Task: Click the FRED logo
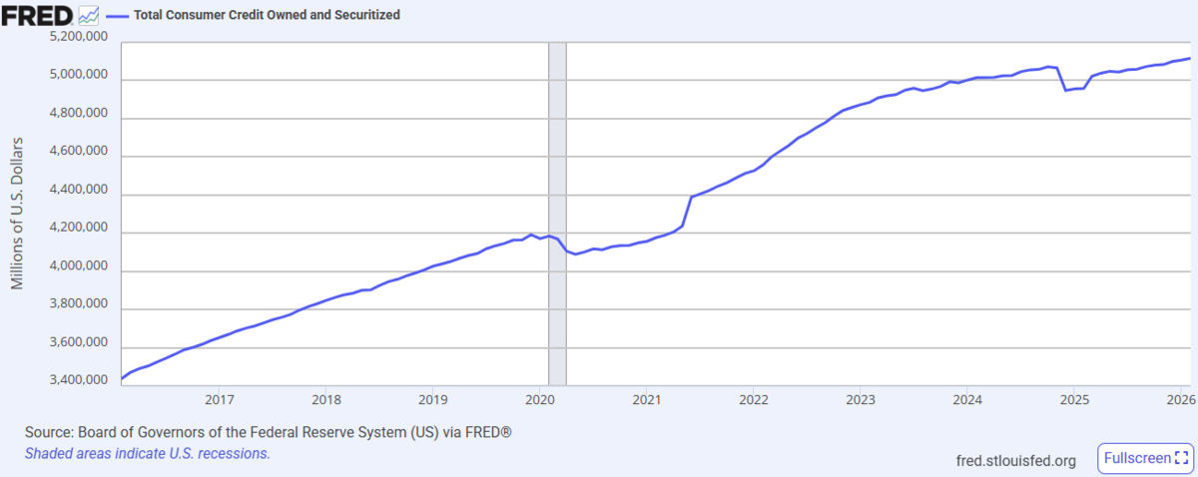(37, 16)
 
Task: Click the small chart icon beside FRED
(88, 16)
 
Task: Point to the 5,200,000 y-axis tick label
(79, 36)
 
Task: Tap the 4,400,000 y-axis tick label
(79, 190)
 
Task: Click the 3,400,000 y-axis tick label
(79, 379)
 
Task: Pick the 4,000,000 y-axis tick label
(79, 265)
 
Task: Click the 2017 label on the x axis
(220, 400)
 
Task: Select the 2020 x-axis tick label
(540, 400)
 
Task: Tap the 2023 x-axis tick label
(861, 400)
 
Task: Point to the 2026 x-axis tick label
(1181, 400)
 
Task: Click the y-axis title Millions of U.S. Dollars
(17, 214)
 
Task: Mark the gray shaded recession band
(557, 214)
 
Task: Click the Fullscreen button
(1146, 458)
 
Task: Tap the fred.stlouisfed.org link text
(1015, 460)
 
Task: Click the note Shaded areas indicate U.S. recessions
(148, 453)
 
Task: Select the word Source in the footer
(49, 432)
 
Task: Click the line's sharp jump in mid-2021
(687, 212)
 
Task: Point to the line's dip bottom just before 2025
(1066, 91)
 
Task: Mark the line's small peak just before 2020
(531, 235)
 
